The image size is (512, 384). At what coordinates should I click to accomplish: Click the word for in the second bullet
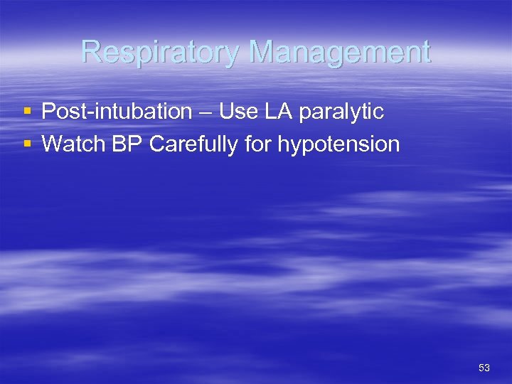coord(258,144)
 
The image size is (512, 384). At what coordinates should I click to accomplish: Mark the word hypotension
coord(338,145)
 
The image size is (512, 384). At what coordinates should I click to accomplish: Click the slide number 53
coord(484,368)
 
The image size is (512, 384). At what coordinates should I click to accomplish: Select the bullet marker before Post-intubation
coord(27,112)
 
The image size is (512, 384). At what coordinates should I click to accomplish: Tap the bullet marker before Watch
coord(27,144)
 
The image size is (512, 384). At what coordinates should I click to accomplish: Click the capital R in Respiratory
coord(91,52)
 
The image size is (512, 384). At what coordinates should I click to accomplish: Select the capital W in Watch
coord(52,144)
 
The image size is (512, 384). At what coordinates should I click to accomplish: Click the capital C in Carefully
coord(158,144)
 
